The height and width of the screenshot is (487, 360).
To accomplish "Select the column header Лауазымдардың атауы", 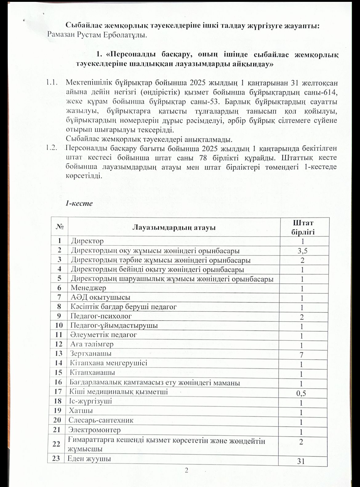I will coord(174,228).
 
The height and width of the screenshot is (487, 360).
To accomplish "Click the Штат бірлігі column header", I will coord(303,227).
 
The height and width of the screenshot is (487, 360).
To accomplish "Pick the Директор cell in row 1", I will coord(87,241).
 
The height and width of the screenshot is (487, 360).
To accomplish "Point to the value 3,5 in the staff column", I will coord(303,251).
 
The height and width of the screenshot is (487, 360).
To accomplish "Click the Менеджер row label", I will coord(89,288).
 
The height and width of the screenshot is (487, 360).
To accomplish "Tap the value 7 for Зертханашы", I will coord(302,355).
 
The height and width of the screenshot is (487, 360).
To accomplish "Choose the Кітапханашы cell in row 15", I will coord(93,373).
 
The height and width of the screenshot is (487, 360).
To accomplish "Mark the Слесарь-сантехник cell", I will coord(101,420).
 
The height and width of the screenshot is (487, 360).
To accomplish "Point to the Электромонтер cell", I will coord(95,430).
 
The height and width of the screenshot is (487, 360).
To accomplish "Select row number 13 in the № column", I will coord(58,354).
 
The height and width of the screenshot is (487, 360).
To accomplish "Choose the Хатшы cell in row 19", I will coord(81,411).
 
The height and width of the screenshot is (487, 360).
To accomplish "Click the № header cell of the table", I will coord(60,227).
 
